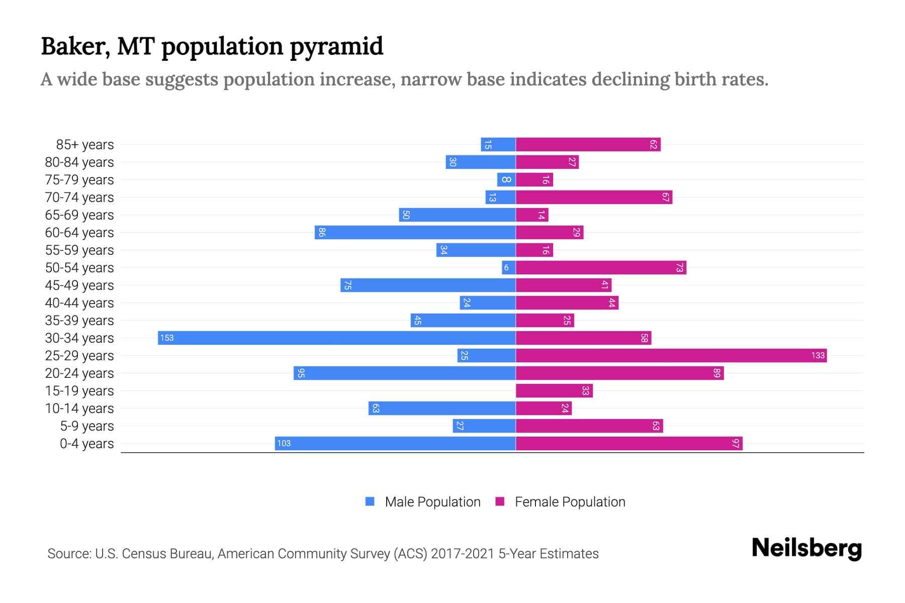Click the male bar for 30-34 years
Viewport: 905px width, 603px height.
point(337,338)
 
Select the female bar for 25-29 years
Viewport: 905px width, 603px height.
point(671,355)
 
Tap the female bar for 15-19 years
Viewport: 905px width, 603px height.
point(554,390)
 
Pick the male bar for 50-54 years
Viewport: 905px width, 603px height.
point(508,267)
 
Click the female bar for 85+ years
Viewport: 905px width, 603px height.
point(588,144)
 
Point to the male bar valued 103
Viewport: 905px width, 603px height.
point(395,443)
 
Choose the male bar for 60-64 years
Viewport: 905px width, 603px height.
point(415,232)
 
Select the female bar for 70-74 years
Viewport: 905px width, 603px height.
point(594,197)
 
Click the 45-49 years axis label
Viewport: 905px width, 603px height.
point(79,285)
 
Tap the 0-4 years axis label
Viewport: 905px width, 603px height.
point(86,443)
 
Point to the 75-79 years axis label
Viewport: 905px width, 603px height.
point(79,179)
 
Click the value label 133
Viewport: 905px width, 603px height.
point(818,355)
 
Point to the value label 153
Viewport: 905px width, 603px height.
point(167,338)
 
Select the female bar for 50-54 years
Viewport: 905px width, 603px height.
point(601,267)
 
